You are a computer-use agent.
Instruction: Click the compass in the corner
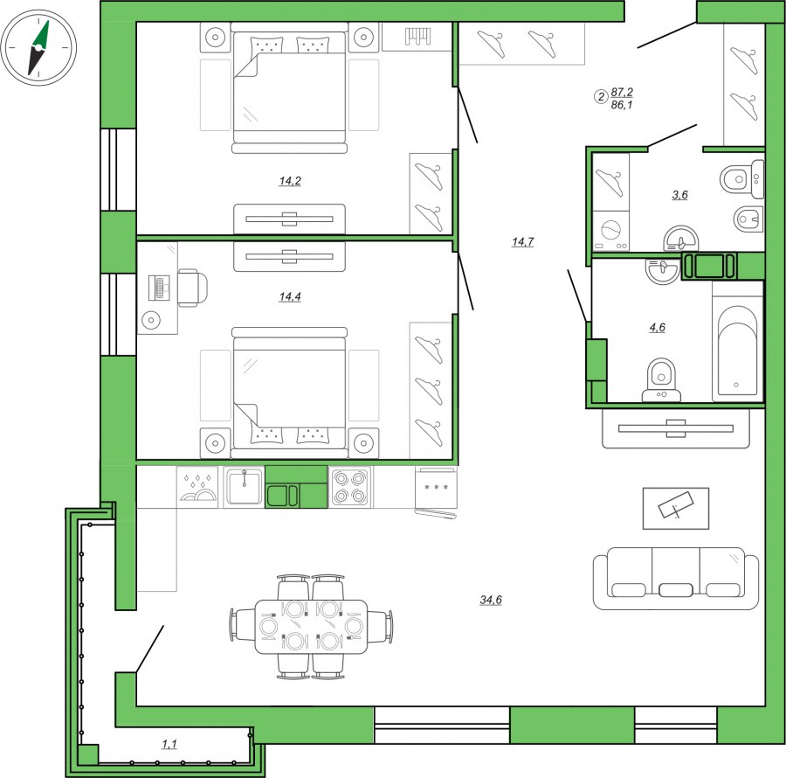click(38, 48)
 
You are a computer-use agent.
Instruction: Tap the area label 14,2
click(290, 181)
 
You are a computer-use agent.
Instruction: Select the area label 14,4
click(290, 297)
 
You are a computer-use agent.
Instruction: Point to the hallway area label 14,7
click(522, 242)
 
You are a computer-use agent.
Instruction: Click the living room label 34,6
click(491, 600)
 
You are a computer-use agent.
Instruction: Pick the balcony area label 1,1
click(169, 745)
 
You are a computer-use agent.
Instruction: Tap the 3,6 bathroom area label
click(679, 195)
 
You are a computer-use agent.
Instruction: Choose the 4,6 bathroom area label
click(657, 328)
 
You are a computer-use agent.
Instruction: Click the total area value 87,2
click(622, 92)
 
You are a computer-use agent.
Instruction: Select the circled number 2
click(601, 96)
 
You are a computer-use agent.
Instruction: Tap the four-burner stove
click(349, 487)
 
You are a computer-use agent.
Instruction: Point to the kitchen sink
click(244, 486)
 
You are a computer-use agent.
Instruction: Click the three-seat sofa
click(676, 578)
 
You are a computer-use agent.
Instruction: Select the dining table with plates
click(311, 626)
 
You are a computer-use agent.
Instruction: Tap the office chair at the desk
click(192, 288)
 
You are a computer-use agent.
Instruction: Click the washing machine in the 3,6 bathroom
click(611, 231)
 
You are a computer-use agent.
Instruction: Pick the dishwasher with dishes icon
click(198, 487)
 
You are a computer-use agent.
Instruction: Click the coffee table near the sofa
click(676, 508)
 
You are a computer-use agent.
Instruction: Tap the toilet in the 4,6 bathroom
click(662, 379)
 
